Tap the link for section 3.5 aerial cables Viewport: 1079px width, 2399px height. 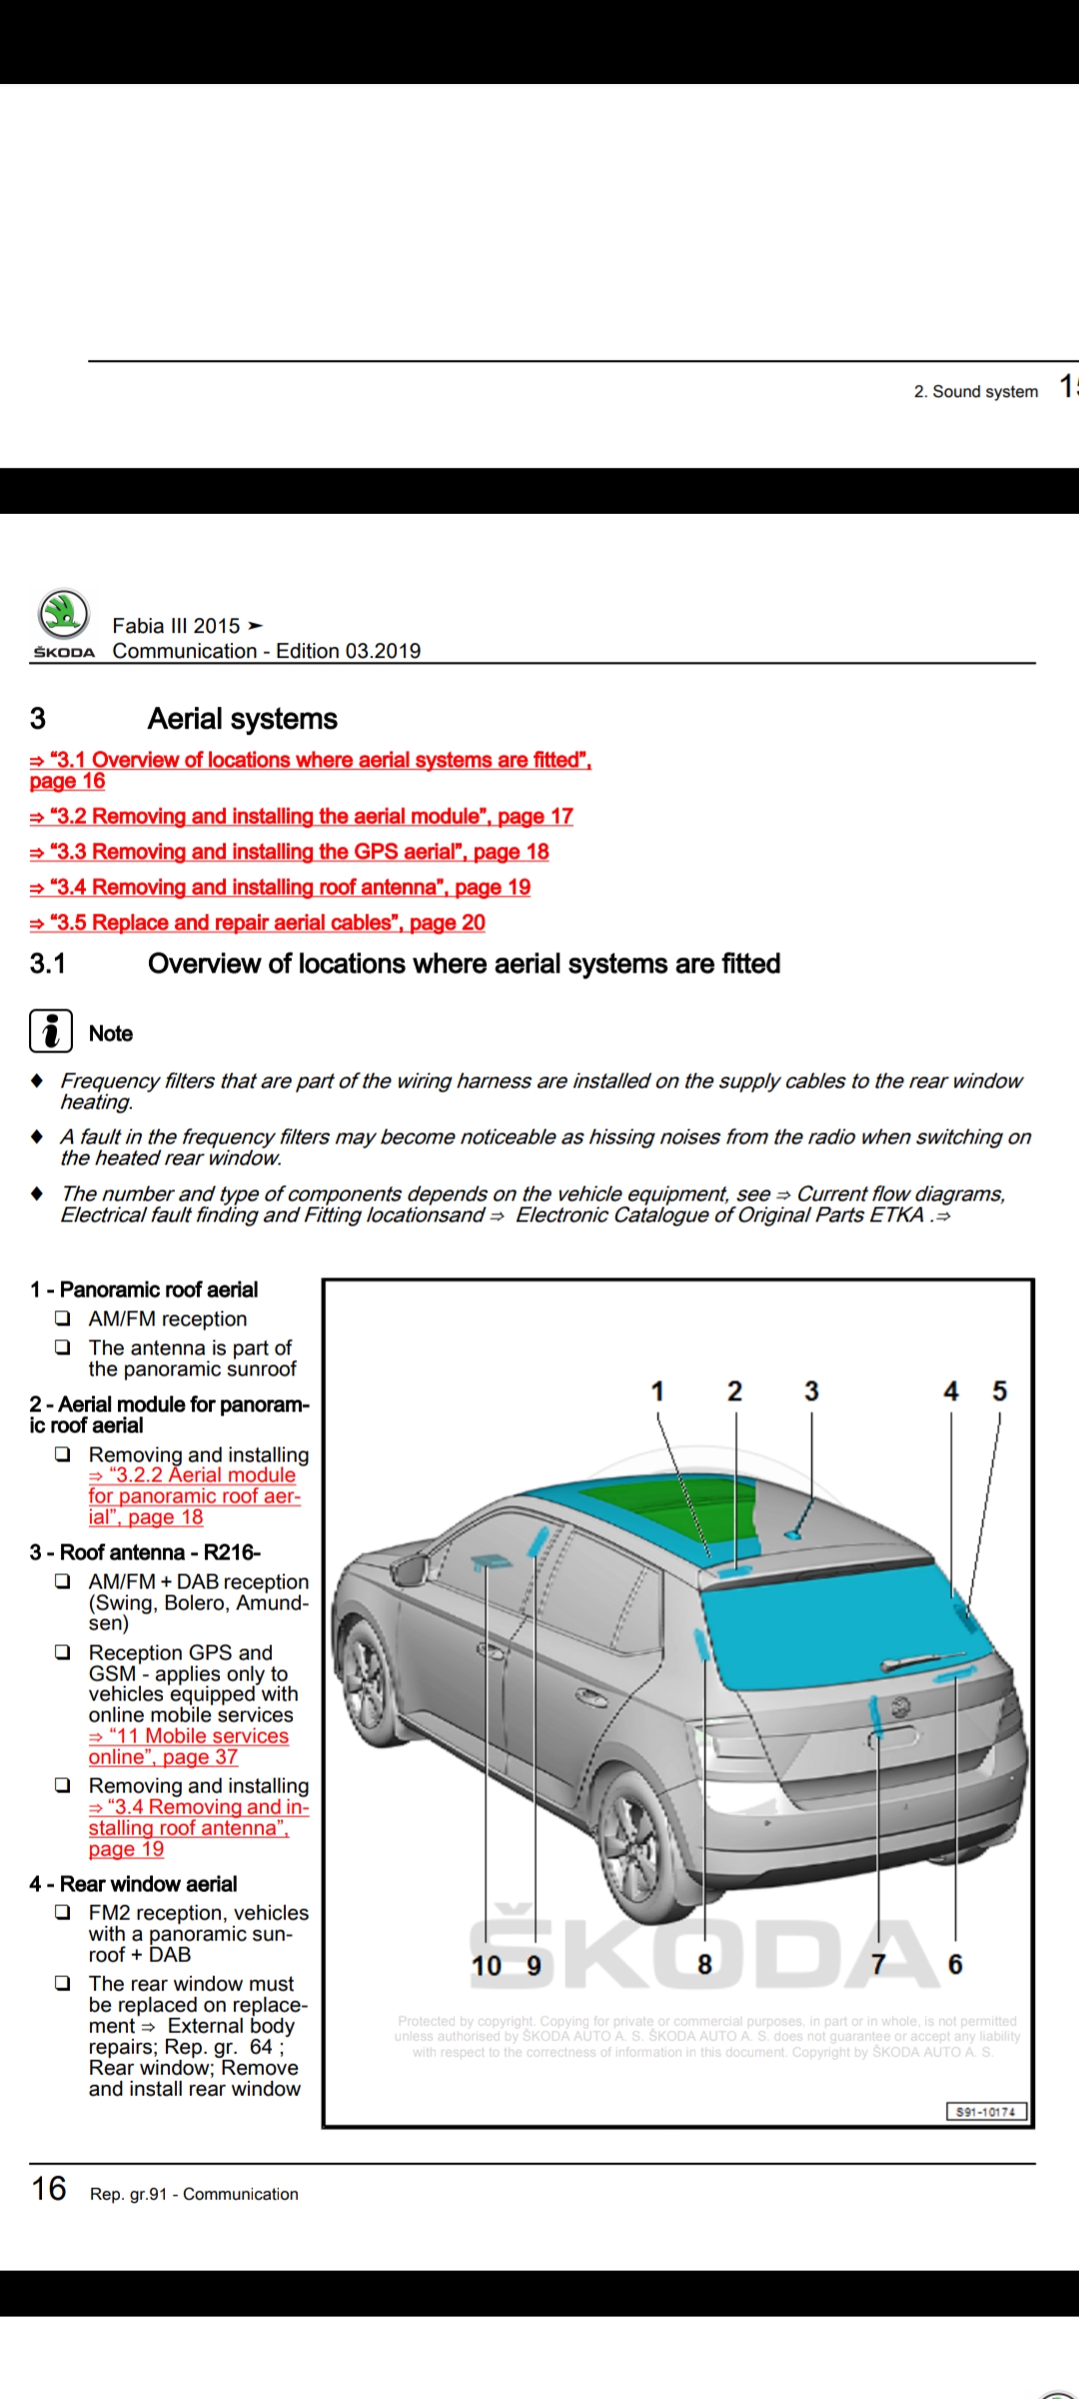pos(258,923)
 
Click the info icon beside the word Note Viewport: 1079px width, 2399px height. pos(51,1031)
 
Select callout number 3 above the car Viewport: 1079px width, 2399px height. pos(811,1391)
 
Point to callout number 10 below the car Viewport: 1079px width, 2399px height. pos(487,1965)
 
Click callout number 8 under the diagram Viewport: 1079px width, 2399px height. pos(704,1965)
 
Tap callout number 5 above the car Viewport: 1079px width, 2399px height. pos(999,1391)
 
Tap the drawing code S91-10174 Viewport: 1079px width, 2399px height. pos(985,2111)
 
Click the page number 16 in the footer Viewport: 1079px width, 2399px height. pos(49,2189)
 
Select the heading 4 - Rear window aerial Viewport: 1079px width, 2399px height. pos(134,1884)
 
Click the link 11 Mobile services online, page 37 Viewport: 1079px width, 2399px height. pos(189,1746)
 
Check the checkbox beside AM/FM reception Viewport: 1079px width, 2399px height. pos(63,1318)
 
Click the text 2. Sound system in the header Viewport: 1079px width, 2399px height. pos(975,392)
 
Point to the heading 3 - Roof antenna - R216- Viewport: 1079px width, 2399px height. pos(145,1552)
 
